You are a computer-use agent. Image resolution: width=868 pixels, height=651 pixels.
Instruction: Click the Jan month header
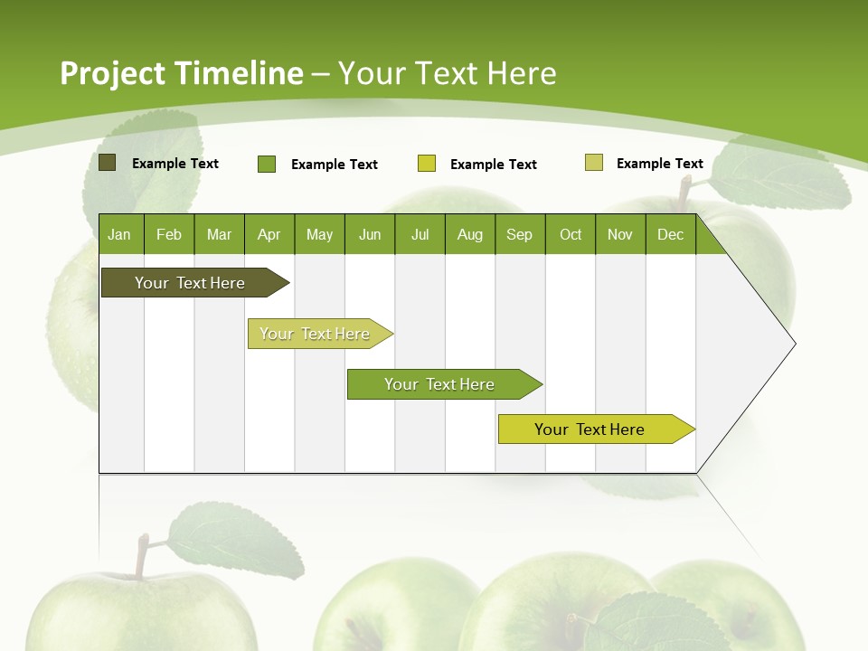click(x=119, y=235)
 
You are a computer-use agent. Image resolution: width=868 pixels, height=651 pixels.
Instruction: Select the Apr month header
click(x=269, y=235)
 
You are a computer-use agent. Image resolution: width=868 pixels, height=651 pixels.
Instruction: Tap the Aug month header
click(x=469, y=235)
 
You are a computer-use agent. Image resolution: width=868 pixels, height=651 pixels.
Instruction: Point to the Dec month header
click(x=670, y=235)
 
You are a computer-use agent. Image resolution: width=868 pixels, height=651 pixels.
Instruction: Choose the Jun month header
click(x=369, y=235)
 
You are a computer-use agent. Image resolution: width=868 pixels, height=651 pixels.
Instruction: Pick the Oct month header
click(x=570, y=235)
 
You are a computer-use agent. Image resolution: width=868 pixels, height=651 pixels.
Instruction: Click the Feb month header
click(x=169, y=235)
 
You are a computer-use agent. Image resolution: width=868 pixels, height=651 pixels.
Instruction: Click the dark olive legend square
click(x=108, y=163)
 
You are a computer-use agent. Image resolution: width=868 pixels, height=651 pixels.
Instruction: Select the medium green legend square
click(x=267, y=164)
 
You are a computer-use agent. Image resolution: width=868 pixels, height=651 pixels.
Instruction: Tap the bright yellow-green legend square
click(x=427, y=164)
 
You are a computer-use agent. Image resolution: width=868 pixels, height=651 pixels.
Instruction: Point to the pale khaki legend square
click(x=594, y=163)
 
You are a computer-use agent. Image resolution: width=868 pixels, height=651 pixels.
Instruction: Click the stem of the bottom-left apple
click(x=141, y=555)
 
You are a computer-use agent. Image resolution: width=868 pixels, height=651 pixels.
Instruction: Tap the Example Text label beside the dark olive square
click(x=175, y=164)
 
